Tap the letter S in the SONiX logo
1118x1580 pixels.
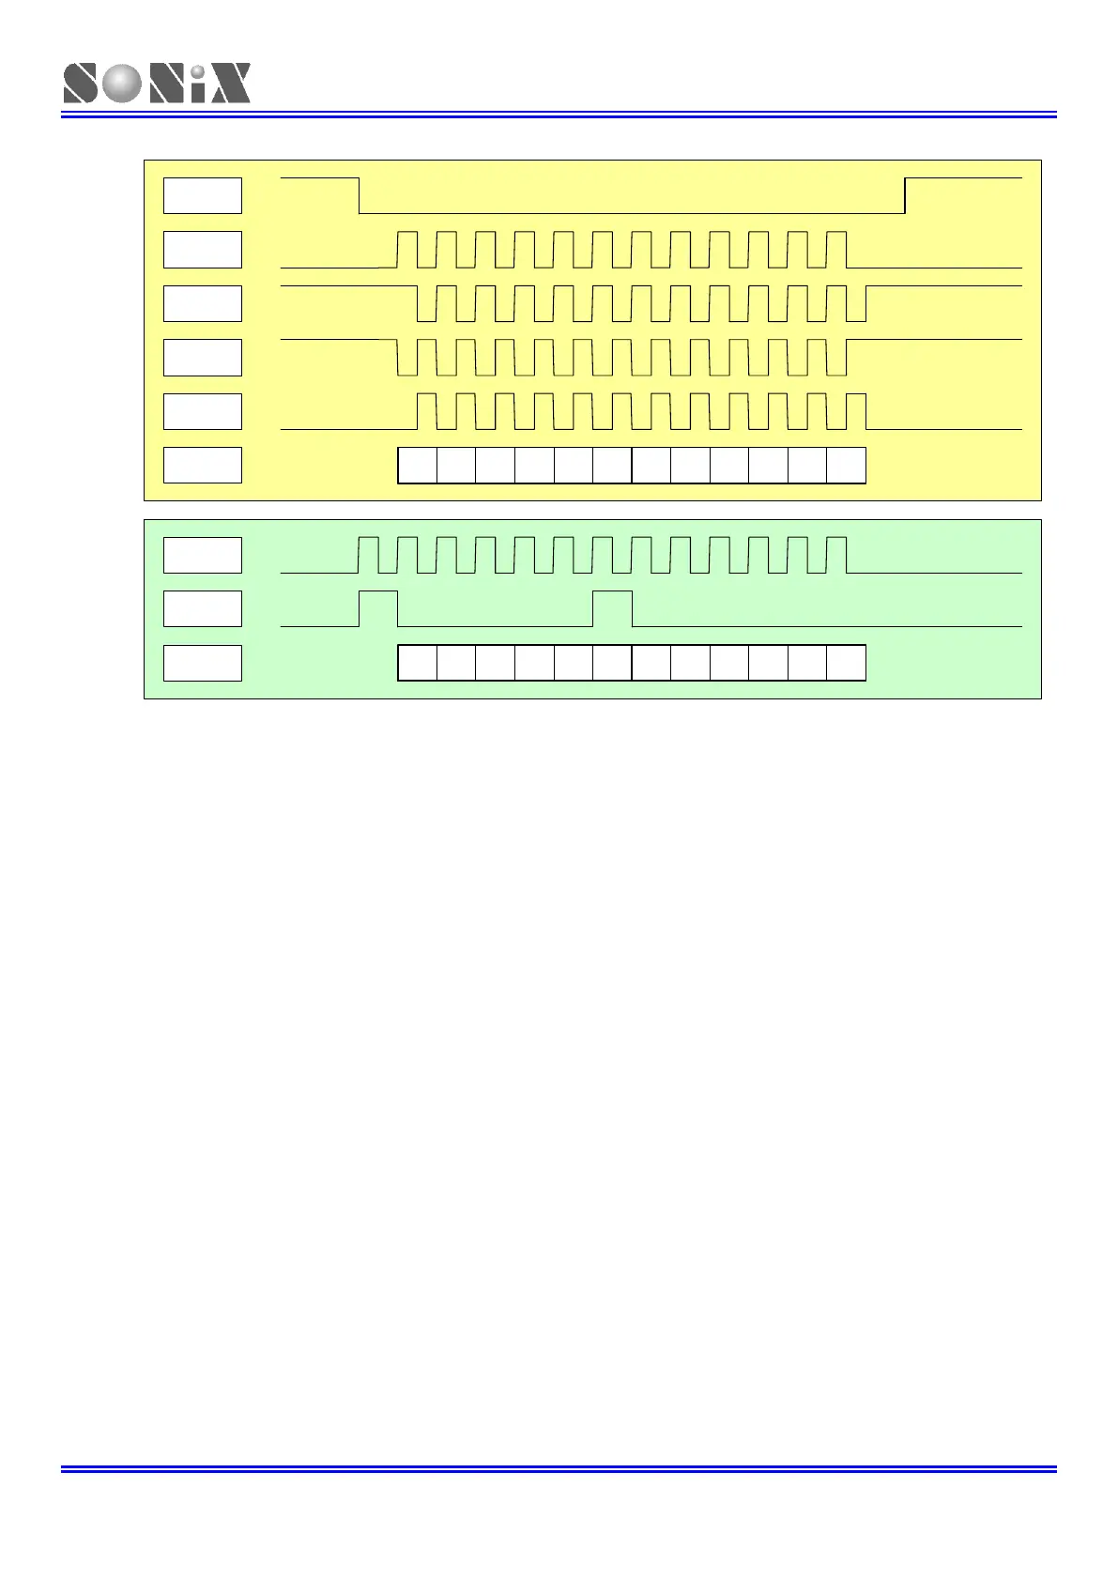(81, 84)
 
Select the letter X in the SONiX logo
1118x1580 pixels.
(229, 84)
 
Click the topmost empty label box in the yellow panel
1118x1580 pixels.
(203, 195)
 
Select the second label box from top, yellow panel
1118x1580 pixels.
(203, 250)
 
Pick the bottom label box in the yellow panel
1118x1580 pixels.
(203, 466)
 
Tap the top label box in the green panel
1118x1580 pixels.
(203, 555)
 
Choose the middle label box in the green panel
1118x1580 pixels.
(203, 609)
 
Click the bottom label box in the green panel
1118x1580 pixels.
(203, 664)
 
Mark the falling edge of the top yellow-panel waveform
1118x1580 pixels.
(360, 195)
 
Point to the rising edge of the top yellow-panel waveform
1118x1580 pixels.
(905, 195)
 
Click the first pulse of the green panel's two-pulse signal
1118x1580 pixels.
(378, 608)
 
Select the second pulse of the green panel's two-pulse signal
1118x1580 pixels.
(612, 608)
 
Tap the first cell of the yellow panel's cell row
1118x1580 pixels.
(418, 466)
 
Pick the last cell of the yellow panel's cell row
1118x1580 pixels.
(846, 466)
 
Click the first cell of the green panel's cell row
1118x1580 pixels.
(418, 663)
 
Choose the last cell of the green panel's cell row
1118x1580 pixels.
(846, 663)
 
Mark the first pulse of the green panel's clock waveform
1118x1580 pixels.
(368, 554)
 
